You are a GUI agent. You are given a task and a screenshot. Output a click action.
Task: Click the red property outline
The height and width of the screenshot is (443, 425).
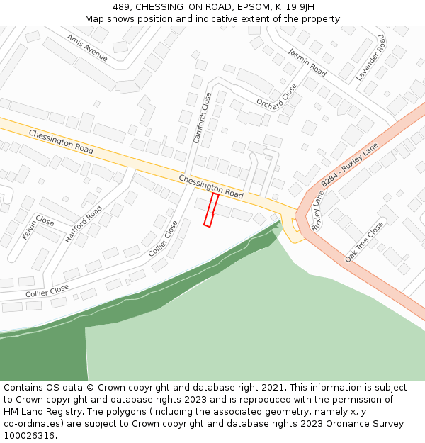(210, 210)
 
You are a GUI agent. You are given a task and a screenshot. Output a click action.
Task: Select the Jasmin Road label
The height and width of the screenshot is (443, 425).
(307, 62)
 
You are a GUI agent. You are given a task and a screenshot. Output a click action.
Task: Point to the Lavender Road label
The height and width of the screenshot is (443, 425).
(370, 57)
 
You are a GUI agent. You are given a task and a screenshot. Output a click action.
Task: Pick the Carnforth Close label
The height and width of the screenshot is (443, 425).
(203, 118)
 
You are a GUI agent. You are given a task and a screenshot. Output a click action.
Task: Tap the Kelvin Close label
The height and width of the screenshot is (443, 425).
(38, 227)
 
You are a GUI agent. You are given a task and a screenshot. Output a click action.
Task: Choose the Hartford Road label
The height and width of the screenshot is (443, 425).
(84, 223)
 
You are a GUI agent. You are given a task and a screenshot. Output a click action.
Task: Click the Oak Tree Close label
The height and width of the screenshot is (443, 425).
(364, 242)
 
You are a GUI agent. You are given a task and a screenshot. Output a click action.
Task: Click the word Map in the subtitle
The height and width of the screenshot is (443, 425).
(95, 19)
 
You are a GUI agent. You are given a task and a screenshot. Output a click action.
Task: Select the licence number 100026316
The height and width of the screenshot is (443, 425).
(28, 436)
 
